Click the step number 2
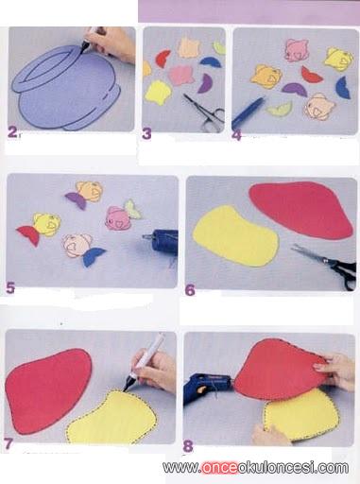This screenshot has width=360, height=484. click(x=13, y=132)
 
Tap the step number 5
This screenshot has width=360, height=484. click(x=10, y=288)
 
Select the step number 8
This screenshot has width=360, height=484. click(x=188, y=446)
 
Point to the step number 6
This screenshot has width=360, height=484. click(x=190, y=290)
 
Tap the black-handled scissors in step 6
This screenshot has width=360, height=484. click(x=328, y=266)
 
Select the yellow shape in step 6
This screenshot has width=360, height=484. click(x=235, y=235)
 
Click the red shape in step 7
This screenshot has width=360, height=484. click(x=46, y=389)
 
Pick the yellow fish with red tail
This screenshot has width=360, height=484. click(x=40, y=228)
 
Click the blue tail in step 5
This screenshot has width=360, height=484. click(x=93, y=256)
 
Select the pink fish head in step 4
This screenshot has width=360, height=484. click(x=296, y=50)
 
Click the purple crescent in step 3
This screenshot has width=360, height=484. click(x=204, y=83)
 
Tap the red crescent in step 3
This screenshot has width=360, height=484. click(x=163, y=59)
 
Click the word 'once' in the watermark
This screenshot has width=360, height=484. click(x=218, y=467)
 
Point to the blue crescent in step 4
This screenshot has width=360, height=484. click(x=342, y=88)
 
